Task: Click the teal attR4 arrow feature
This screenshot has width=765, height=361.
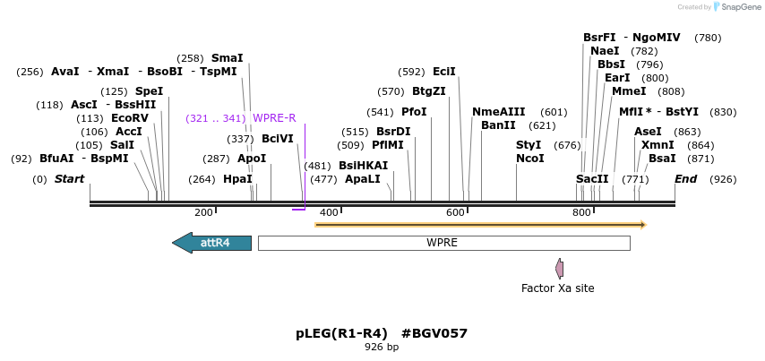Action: click(212, 243)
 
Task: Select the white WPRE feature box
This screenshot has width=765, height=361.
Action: click(443, 243)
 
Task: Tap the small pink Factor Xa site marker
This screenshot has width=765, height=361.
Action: click(559, 268)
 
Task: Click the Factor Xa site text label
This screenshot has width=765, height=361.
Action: click(557, 288)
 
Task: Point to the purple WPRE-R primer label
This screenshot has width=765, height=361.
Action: click(274, 118)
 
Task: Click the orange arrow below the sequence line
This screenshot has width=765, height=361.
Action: click(480, 224)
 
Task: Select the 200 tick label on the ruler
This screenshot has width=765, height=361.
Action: click(203, 212)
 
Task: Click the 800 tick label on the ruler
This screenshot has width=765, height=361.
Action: click(581, 212)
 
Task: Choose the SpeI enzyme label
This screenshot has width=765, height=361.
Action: click(149, 91)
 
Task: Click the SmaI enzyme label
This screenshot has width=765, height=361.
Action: click(227, 58)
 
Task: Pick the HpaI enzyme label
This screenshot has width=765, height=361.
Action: click(237, 179)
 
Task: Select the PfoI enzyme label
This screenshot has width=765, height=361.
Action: click(414, 112)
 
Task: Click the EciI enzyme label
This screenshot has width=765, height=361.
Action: click(444, 72)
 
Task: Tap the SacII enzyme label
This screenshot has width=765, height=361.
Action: click(592, 179)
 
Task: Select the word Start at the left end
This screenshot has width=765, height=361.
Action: click(69, 179)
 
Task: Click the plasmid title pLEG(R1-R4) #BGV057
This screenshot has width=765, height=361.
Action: click(382, 333)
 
